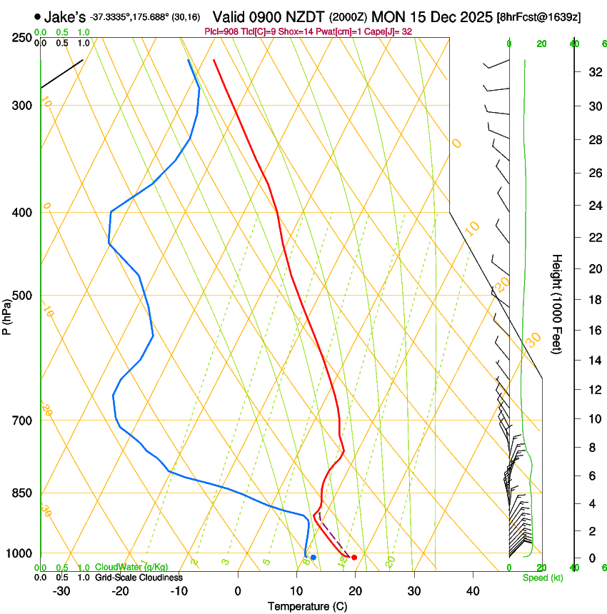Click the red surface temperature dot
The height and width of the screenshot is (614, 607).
[354, 557]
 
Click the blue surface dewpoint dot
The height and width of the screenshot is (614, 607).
[313, 557]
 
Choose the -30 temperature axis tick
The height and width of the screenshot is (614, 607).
[61, 591]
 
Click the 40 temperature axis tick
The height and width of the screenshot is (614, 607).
[472, 591]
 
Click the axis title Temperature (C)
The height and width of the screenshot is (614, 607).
[307, 606]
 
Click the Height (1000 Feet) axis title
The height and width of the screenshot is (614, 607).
[557, 303]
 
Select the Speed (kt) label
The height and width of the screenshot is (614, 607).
[543, 578]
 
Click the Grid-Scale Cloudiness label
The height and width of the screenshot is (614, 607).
[139, 578]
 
